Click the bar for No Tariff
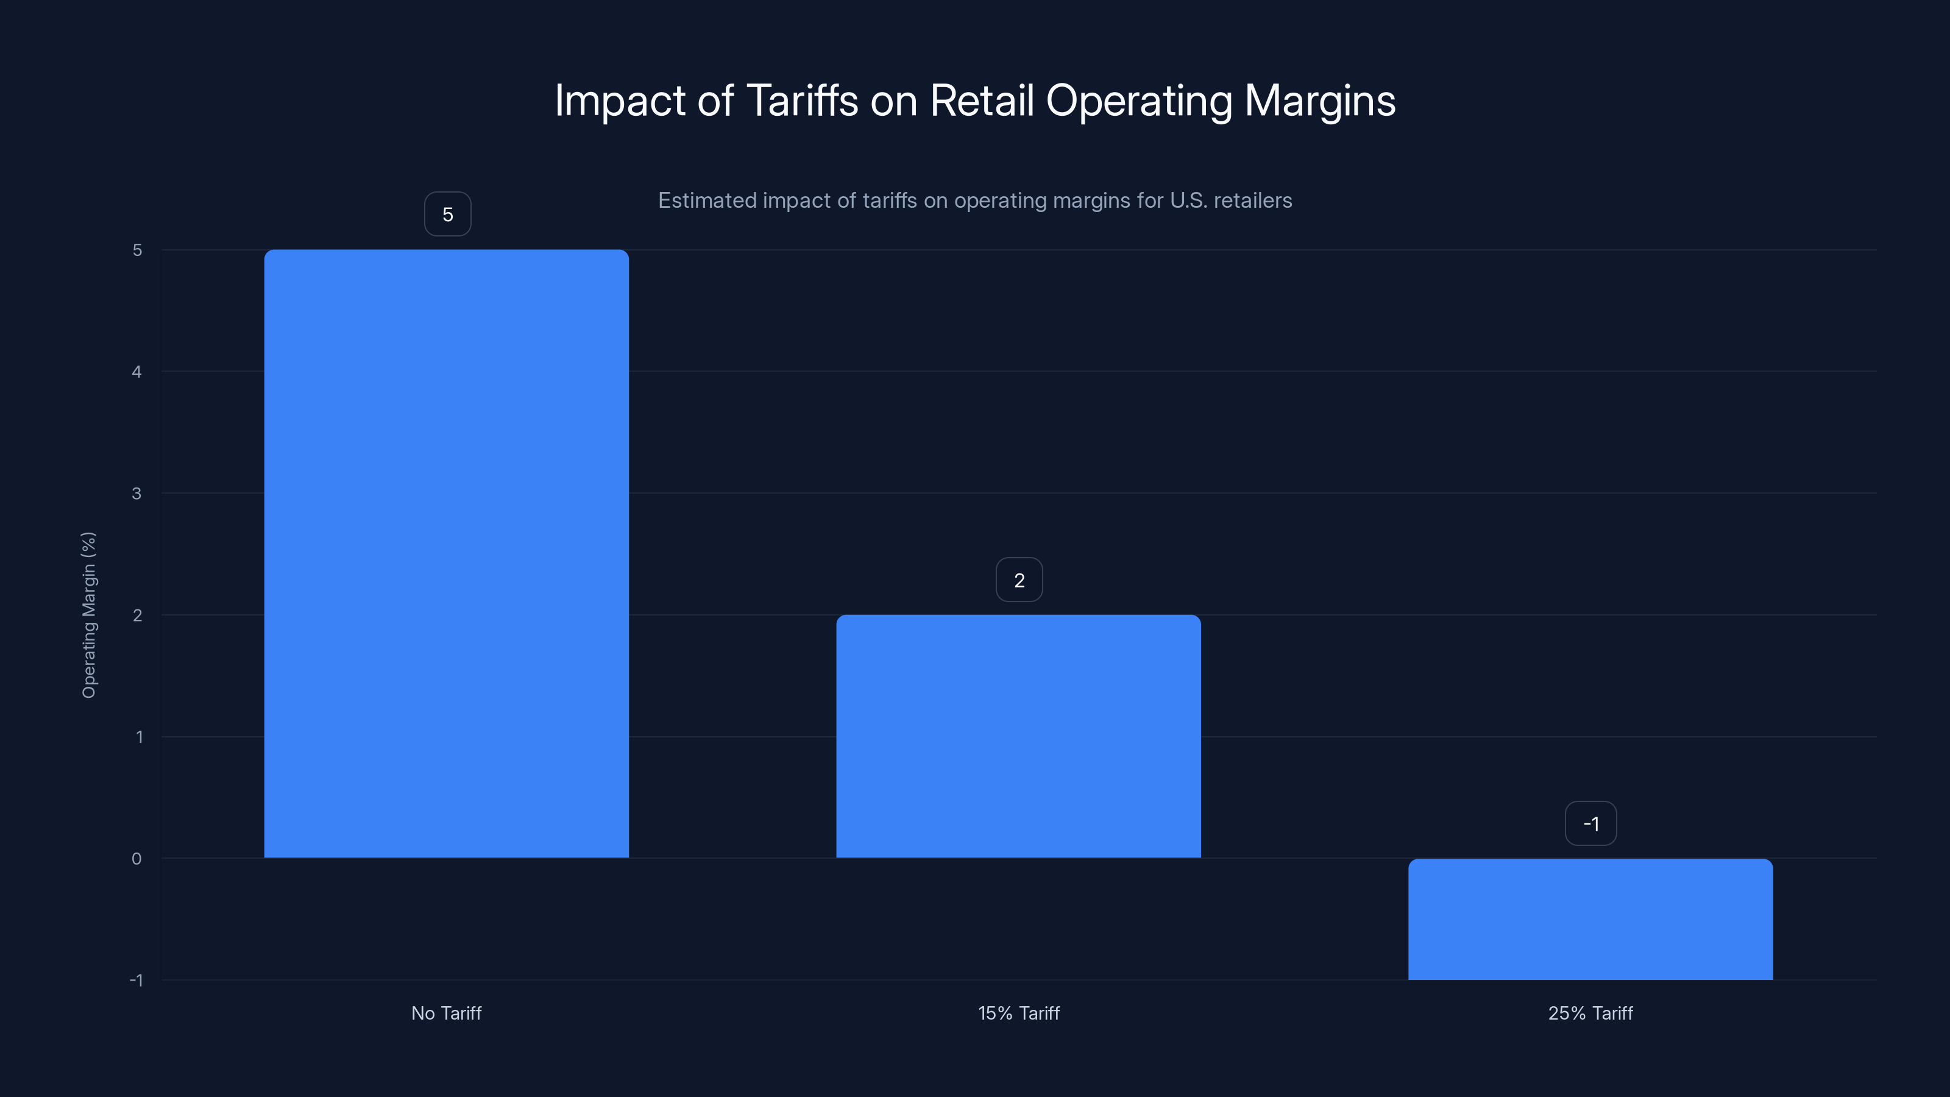click(x=446, y=553)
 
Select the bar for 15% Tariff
click(x=1018, y=736)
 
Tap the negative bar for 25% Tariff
click(x=1590, y=919)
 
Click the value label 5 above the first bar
click(x=447, y=215)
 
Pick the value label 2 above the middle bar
click(x=1019, y=581)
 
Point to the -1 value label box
click(x=1590, y=824)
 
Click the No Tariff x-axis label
click(x=446, y=1013)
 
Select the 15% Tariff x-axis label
click(x=1018, y=1013)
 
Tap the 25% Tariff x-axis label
click(x=1590, y=1013)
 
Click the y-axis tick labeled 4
click(x=137, y=372)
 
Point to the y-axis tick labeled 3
click(x=137, y=494)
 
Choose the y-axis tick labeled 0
click(x=137, y=859)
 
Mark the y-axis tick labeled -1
click(x=136, y=981)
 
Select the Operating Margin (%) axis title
click(x=88, y=615)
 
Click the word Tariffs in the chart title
click(x=802, y=101)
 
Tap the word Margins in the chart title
click(x=1319, y=101)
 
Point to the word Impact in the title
click(x=620, y=101)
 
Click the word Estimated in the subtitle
click(x=707, y=201)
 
